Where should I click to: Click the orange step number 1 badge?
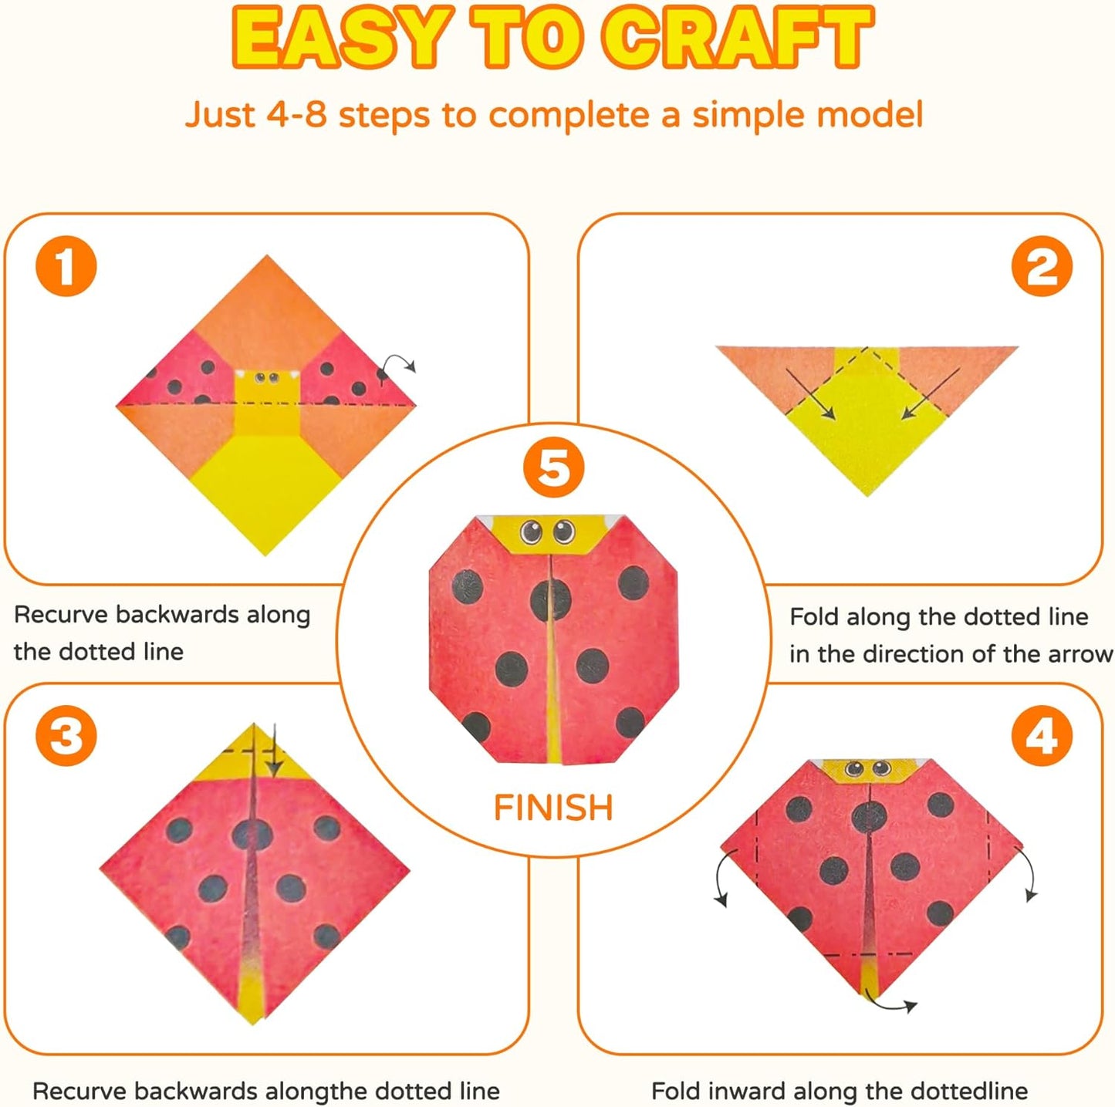tap(66, 266)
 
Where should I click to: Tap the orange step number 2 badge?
tap(1042, 266)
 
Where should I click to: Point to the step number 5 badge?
tap(553, 468)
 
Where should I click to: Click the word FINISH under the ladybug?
tap(553, 808)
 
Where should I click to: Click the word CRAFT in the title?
tap(738, 39)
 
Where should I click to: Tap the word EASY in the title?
tap(340, 39)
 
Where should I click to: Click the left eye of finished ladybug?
tap(532, 531)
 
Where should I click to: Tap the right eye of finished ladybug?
tap(564, 531)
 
